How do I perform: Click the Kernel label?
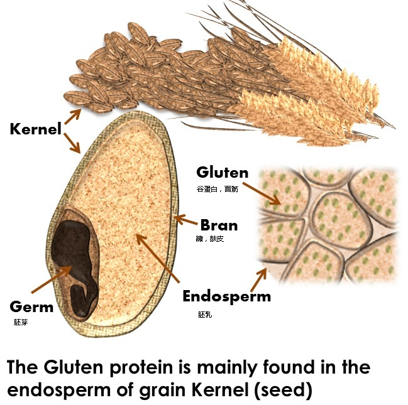(36, 130)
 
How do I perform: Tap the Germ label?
(31, 308)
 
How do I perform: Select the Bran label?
(219, 224)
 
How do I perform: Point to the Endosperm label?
(226, 296)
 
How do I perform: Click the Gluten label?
(222, 172)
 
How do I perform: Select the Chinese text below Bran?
(210, 239)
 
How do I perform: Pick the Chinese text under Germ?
(21, 322)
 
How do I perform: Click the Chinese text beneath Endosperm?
(206, 315)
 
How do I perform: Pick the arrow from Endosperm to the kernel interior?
(157, 257)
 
